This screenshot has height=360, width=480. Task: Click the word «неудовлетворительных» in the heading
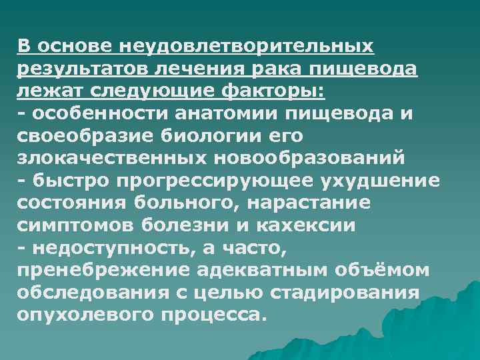(247, 47)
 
